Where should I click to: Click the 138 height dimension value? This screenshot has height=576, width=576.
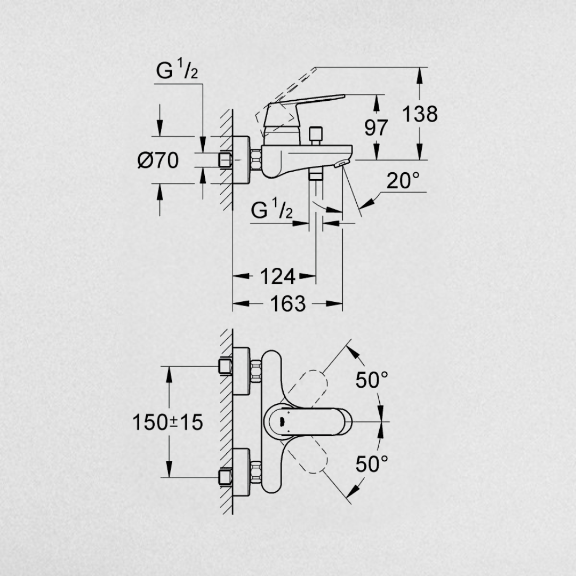tap(420, 114)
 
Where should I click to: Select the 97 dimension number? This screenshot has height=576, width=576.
tap(376, 128)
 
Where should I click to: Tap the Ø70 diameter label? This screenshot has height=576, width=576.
tap(158, 161)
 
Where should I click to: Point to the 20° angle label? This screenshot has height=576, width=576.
tap(403, 180)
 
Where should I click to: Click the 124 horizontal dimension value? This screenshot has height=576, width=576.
tap(277, 276)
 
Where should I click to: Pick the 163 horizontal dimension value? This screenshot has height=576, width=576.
tap(288, 303)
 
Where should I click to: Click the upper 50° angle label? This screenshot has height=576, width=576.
tap(372, 380)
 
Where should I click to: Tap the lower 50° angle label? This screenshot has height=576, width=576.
tap(372, 464)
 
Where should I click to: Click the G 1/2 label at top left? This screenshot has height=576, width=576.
tap(177, 71)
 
